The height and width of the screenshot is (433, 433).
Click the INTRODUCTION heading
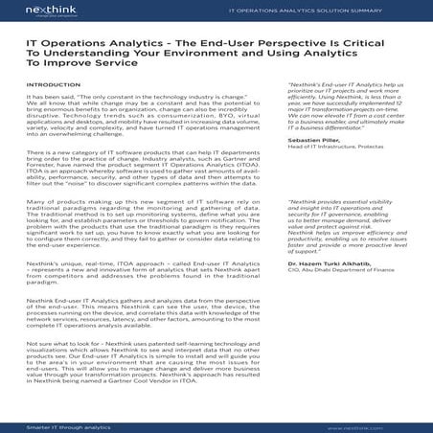[x=54, y=85]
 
